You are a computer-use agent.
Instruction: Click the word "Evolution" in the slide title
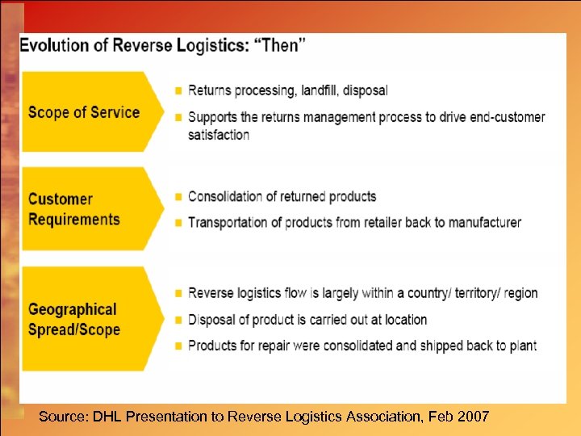click(56, 45)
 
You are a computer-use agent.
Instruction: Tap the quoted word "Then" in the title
click(279, 45)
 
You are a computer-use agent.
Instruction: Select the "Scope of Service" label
click(84, 112)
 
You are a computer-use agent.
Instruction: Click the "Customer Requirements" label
click(73, 209)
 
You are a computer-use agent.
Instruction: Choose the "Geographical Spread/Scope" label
click(73, 319)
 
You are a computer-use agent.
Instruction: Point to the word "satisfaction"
click(219, 135)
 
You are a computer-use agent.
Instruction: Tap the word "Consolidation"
click(228, 196)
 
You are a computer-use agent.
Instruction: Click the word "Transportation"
click(228, 222)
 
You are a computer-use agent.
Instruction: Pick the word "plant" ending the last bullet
click(520, 346)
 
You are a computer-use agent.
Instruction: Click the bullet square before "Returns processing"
click(178, 90)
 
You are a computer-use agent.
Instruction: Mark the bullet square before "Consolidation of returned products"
click(178, 197)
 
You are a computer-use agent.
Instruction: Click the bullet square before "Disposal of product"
click(178, 320)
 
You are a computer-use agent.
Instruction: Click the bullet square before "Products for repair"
click(178, 346)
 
